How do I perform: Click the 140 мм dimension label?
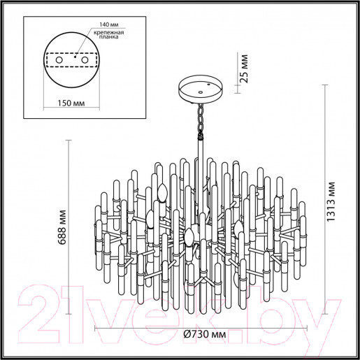[109, 24]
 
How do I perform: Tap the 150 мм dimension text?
[71, 103]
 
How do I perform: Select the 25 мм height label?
[244, 69]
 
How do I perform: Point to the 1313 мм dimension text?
[330, 201]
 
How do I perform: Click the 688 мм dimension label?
[62, 227]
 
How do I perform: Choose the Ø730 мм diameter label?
[205, 334]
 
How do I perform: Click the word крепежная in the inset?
[109, 32]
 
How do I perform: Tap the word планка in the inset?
[108, 37]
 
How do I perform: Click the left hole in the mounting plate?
[59, 60]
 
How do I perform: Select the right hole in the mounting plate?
[85, 60]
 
